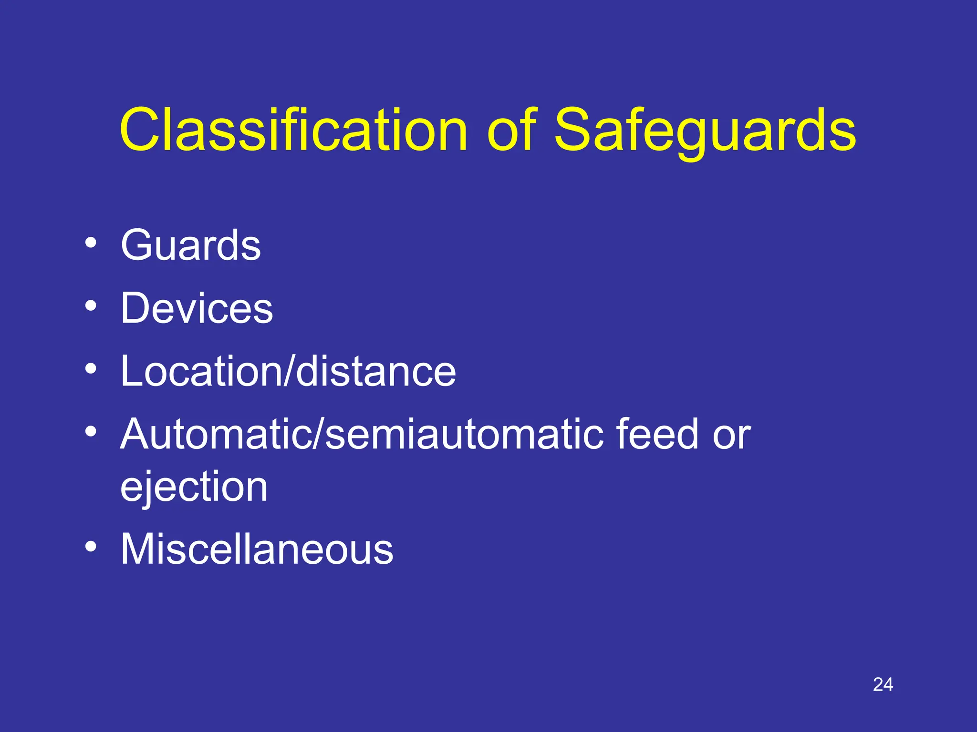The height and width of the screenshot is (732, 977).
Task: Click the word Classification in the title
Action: point(293,130)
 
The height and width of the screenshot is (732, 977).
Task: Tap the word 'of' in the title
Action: point(512,130)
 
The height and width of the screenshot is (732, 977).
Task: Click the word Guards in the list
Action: point(190,245)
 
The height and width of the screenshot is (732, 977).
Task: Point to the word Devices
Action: point(197,308)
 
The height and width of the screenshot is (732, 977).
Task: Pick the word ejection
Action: point(194,487)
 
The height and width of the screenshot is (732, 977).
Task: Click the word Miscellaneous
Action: point(257,549)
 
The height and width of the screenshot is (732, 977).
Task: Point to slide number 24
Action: point(883,685)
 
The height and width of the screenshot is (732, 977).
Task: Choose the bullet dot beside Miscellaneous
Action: point(91,546)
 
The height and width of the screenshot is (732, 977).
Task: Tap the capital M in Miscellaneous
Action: point(139,549)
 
